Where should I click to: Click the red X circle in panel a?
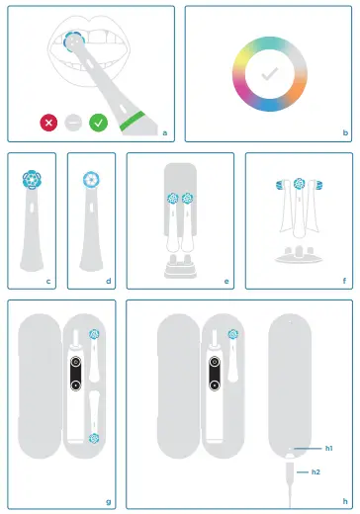pyautogui.click(x=48, y=123)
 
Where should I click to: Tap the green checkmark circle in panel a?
pyautogui.click(x=98, y=123)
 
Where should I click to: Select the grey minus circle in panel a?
pyautogui.click(x=73, y=123)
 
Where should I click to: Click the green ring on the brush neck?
pyautogui.click(x=130, y=124)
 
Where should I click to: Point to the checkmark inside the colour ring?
pyautogui.click(x=268, y=74)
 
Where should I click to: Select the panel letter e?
pyautogui.click(x=225, y=281)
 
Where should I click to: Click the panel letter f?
pyautogui.click(x=343, y=281)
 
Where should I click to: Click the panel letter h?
pyautogui.click(x=343, y=502)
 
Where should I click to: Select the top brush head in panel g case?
pyautogui.click(x=94, y=335)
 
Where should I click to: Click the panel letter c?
pyautogui.click(x=47, y=281)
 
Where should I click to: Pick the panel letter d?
pyautogui.click(x=107, y=281)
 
